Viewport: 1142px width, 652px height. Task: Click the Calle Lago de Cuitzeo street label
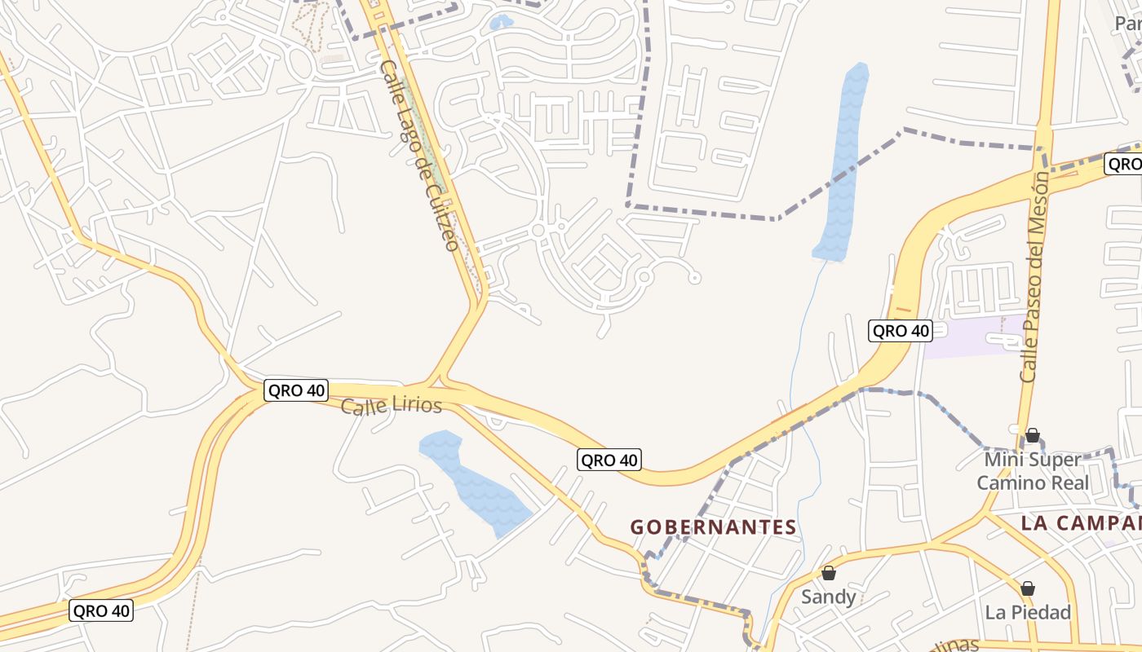tap(418, 155)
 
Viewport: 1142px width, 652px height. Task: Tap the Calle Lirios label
tap(391, 406)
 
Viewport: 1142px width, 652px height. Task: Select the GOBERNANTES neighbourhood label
tap(713, 527)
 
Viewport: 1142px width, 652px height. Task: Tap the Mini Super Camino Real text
tap(1033, 471)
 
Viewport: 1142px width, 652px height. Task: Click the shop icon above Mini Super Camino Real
tap(1033, 435)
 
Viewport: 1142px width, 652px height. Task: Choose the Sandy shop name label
tap(828, 597)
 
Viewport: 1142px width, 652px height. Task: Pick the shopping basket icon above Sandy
tap(828, 573)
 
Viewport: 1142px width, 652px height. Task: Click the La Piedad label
tap(1027, 612)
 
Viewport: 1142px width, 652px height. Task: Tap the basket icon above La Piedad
tap(1028, 588)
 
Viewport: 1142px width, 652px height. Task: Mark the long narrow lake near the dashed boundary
tap(842, 163)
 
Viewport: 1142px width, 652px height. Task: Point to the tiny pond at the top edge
tap(500, 23)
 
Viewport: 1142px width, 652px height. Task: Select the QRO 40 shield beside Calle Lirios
tap(296, 390)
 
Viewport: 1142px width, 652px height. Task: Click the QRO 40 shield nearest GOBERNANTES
tap(609, 460)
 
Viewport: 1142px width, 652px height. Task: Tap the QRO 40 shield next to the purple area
tap(901, 330)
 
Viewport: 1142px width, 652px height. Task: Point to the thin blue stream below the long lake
tap(804, 342)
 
